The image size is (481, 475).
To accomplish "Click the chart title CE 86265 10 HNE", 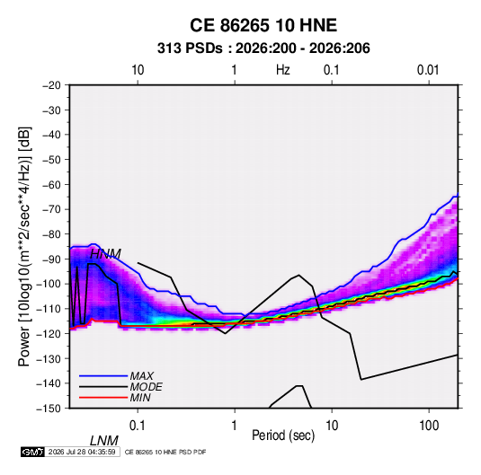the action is tap(263, 25).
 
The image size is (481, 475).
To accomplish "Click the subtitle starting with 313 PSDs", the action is tap(263, 48).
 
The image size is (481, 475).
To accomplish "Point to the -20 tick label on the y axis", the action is tap(51, 85).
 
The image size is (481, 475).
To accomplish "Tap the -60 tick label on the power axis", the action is tap(51, 184).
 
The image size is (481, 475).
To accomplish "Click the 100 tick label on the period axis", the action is tap(429, 425).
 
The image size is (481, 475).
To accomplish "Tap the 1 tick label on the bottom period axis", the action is tap(235, 425).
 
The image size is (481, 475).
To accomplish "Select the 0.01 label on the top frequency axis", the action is tap(428, 70).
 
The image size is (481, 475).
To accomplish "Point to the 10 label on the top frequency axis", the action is tap(138, 70).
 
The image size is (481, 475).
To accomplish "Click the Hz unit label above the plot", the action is tap(283, 70).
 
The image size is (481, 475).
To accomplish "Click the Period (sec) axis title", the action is tap(283, 435).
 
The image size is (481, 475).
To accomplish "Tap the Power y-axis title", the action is tap(24, 247).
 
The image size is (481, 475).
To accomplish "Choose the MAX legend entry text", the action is tap(142, 375).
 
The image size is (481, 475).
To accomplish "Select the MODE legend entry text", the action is tap(146, 387).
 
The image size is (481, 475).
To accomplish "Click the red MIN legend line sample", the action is tap(103, 398).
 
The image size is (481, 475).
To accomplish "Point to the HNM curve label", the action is tap(105, 254).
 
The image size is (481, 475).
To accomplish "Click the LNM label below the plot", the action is tap(104, 441).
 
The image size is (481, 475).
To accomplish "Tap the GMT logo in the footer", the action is tap(32, 452).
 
